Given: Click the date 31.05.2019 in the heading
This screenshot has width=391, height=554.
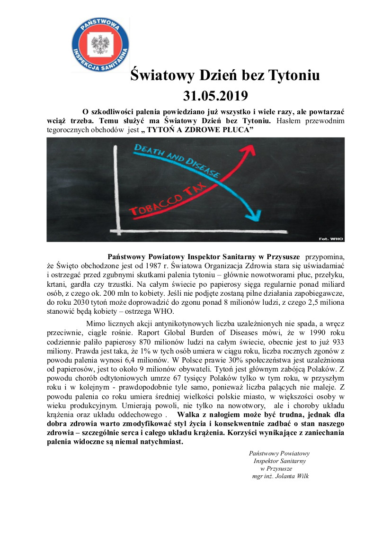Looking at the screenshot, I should (215, 96).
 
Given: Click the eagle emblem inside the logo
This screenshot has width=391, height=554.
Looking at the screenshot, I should (100, 42).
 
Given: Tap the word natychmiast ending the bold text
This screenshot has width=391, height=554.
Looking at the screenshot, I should (160, 442).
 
